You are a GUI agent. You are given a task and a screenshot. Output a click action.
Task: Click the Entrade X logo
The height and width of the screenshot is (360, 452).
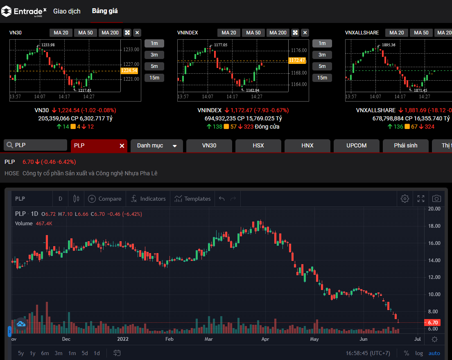[24, 11]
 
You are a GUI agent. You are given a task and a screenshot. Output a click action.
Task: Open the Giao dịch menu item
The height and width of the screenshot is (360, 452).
[67, 11]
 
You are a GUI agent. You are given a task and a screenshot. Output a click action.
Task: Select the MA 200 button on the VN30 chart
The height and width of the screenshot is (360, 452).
[110, 33]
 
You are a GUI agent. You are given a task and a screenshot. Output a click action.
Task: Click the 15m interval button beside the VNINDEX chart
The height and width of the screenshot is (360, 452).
[322, 78]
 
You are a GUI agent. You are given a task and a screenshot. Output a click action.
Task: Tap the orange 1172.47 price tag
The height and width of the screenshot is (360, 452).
[297, 60]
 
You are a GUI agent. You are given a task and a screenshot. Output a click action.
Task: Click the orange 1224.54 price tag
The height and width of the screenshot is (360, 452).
[129, 70]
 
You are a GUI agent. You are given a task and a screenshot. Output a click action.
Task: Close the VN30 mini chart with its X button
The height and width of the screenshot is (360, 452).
[137, 33]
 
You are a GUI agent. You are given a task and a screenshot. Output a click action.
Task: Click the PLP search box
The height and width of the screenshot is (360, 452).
[36, 145]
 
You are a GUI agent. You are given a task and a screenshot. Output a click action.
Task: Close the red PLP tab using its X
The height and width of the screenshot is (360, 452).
[122, 146]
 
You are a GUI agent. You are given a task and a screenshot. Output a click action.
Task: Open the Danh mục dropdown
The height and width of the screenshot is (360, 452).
[157, 146]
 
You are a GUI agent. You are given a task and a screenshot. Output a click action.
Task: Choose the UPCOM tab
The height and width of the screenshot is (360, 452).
[356, 145]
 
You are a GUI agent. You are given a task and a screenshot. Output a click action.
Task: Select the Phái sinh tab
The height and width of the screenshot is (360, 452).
[405, 145]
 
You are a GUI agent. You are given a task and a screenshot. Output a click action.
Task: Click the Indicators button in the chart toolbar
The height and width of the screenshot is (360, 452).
[148, 199]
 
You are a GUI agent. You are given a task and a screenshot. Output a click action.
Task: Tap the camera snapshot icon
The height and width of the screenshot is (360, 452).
[436, 199]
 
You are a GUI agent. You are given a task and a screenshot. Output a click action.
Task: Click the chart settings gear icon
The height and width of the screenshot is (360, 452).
[405, 199]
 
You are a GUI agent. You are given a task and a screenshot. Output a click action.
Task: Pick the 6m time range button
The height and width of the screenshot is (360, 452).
[45, 353]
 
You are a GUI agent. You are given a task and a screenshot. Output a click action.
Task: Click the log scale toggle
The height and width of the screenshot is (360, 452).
[419, 353]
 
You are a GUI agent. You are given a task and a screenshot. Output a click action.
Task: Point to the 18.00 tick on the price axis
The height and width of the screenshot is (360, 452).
[434, 226]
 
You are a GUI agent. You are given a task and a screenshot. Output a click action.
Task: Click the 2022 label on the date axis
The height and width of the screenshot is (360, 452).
[123, 339]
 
